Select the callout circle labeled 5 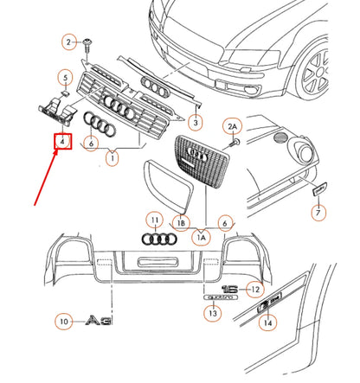pyautogui.click(x=65, y=77)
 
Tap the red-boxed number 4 pyautogui.click(x=62, y=142)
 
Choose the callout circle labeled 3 pyautogui.click(x=195, y=122)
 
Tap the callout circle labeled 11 pyautogui.click(x=153, y=220)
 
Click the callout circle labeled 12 pyautogui.click(x=254, y=289)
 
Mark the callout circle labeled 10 pyautogui.click(x=63, y=322)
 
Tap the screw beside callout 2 pyautogui.click(x=89, y=41)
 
